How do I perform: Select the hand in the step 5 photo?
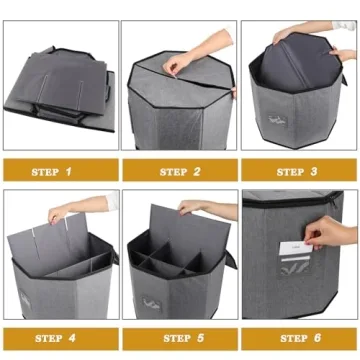pyautogui.click(x=192, y=208)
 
